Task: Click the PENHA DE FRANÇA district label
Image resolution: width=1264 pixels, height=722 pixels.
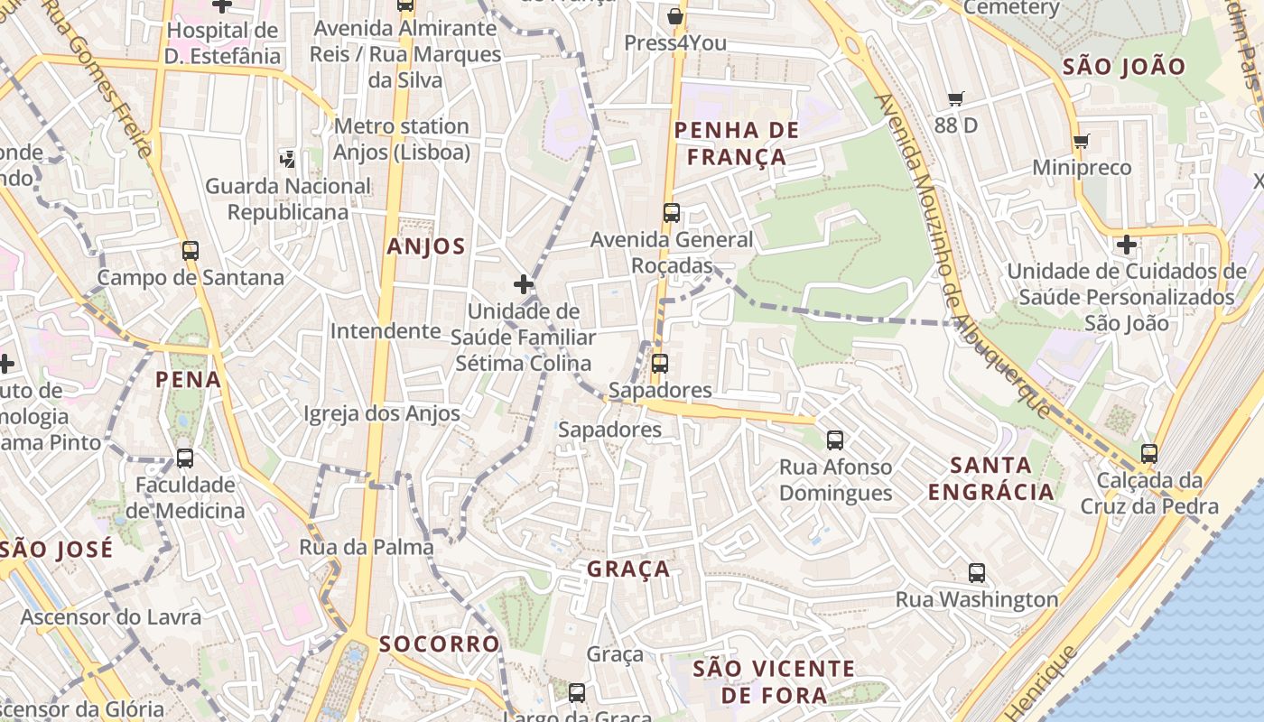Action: click(x=737, y=143)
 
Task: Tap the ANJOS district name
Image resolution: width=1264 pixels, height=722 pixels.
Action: click(x=426, y=246)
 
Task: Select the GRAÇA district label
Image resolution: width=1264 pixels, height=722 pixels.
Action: click(x=628, y=569)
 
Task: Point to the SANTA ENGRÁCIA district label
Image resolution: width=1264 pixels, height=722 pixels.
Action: click(x=991, y=478)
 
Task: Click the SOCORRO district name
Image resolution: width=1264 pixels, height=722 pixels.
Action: click(x=439, y=643)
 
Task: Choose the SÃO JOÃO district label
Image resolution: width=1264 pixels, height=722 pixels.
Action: click(x=1123, y=66)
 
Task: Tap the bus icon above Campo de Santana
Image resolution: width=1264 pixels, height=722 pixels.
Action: click(x=190, y=251)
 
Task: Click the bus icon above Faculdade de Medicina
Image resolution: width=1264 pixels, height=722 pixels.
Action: click(x=185, y=458)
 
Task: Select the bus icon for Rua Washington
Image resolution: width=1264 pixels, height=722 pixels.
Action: click(x=976, y=572)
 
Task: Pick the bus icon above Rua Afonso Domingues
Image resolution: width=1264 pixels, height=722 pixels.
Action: click(x=835, y=440)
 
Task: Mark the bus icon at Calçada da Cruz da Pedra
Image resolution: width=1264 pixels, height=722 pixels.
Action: click(x=1148, y=453)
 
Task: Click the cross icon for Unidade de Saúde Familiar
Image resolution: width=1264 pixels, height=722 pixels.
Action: click(x=523, y=285)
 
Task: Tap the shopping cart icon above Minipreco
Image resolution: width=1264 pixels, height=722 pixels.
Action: click(x=1081, y=141)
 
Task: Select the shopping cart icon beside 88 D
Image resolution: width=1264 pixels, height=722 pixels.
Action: click(x=956, y=99)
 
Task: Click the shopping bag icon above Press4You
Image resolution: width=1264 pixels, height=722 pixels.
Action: click(x=674, y=16)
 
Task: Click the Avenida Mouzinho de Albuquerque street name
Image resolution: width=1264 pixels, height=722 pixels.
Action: click(x=961, y=253)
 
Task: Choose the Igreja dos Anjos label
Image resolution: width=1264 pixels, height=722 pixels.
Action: click(x=382, y=413)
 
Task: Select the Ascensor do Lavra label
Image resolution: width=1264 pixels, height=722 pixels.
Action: click(x=110, y=617)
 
